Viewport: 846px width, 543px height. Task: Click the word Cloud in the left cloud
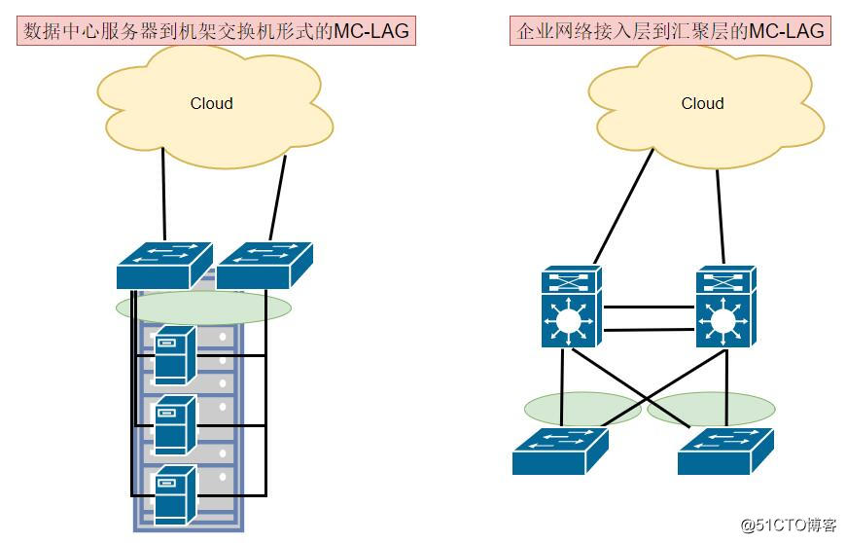click(x=211, y=103)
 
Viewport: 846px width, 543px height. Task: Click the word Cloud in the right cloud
click(x=702, y=103)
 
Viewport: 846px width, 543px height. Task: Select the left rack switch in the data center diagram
click(x=163, y=264)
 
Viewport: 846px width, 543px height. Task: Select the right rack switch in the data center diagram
click(x=264, y=264)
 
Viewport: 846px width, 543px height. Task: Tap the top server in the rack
click(x=175, y=355)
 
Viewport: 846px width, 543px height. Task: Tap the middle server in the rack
click(x=175, y=425)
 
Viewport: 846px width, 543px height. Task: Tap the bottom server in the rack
click(x=175, y=495)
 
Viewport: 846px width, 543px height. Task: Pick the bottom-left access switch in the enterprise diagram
click(x=559, y=452)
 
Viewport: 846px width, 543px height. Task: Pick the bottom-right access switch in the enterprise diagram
click(x=725, y=452)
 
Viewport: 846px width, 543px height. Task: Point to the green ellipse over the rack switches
click(x=203, y=308)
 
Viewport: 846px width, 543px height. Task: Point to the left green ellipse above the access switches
click(x=582, y=409)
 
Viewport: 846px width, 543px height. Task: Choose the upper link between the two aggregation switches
click(x=650, y=308)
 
